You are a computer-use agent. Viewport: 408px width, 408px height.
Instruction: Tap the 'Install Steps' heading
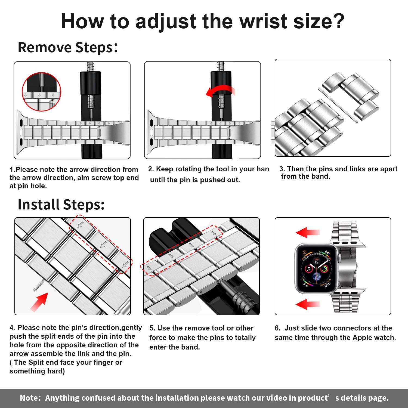(x=61, y=205)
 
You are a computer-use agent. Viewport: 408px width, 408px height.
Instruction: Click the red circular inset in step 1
(x=41, y=92)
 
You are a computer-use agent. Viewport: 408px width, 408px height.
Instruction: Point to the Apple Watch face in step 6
(x=316, y=268)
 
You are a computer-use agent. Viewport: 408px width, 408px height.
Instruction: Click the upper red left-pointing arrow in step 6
(x=307, y=233)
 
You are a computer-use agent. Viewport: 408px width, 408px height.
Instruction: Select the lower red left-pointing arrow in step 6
(x=307, y=304)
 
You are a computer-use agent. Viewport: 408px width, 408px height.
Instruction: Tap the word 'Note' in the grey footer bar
(x=30, y=398)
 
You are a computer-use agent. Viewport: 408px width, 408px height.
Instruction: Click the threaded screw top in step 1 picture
(x=90, y=66)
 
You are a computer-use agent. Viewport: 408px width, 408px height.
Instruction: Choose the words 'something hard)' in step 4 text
(x=37, y=371)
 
